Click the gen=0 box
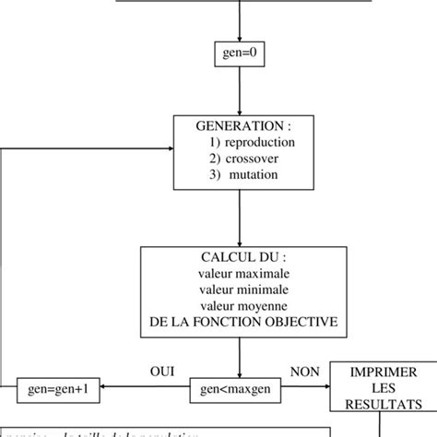coord(240,53)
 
